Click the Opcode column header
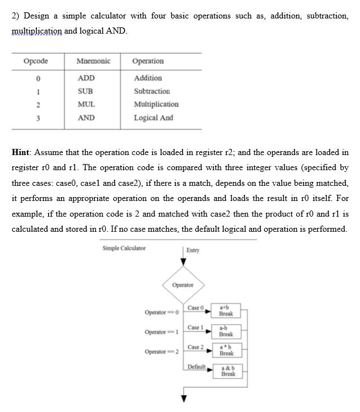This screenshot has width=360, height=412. [35, 61]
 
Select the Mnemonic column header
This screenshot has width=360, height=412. [93, 61]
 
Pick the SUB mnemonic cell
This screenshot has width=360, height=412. [86, 91]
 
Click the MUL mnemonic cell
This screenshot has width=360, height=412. [86, 104]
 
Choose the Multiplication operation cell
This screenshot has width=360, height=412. [156, 104]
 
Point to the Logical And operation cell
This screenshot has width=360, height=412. [153, 118]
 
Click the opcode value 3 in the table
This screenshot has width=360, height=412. [35, 118]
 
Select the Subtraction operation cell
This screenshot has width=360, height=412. [152, 91]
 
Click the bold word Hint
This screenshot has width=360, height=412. [21, 152]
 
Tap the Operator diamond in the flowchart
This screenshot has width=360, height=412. [183, 285]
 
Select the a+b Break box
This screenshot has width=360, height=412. [226, 310]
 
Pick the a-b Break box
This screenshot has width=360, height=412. [226, 330]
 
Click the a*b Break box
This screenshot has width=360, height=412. [226, 350]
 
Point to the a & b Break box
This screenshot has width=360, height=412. [227, 371]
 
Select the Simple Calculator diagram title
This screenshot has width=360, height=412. [124, 248]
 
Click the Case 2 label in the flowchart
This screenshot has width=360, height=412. [195, 347]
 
